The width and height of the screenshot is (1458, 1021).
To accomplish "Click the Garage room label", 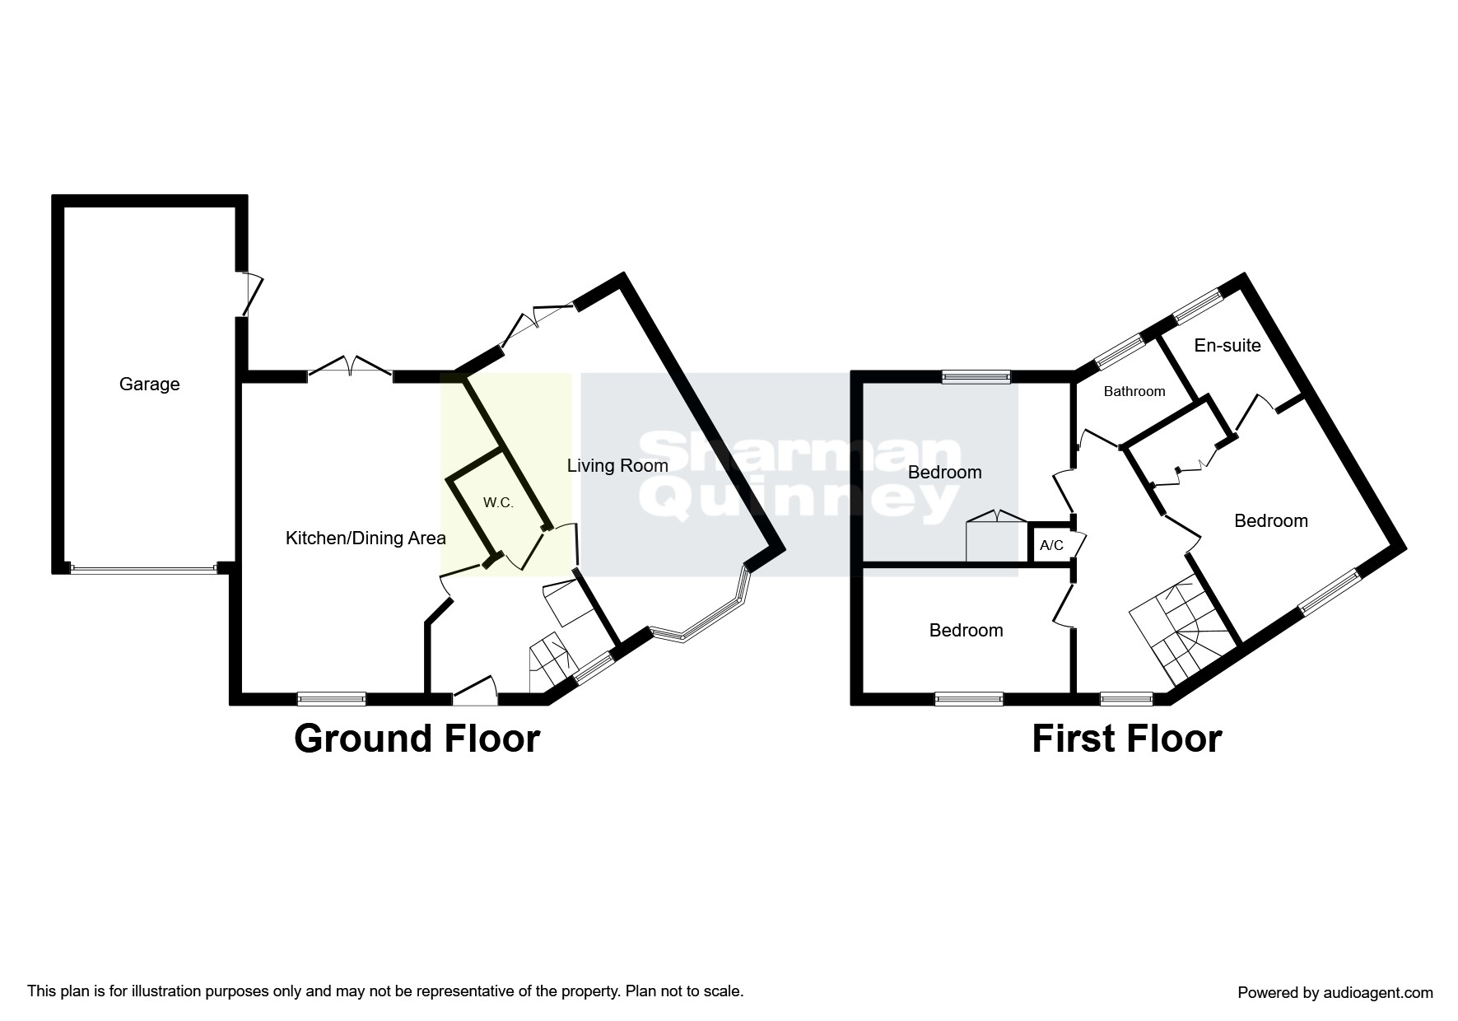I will (x=149, y=385).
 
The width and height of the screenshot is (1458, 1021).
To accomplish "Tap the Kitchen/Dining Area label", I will (x=365, y=538).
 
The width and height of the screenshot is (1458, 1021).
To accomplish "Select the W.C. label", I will (x=498, y=503).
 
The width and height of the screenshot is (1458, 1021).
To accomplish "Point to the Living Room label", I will (x=617, y=466).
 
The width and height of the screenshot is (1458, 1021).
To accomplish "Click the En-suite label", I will (x=1227, y=346).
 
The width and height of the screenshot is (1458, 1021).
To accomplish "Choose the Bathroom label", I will (x=1134, y=392).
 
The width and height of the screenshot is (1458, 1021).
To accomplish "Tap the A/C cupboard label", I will (x=1051, y=546).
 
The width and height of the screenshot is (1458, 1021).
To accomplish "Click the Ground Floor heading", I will (x=417, y=739).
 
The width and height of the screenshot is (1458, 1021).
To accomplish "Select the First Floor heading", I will (x=1126, y=739).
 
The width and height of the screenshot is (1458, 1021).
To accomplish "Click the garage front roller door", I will (x=143, y=568).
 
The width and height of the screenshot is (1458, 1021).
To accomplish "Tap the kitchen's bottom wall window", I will (x=331, y=699).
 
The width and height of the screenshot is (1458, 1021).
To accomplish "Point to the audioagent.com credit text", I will (x=1335, y=993).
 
